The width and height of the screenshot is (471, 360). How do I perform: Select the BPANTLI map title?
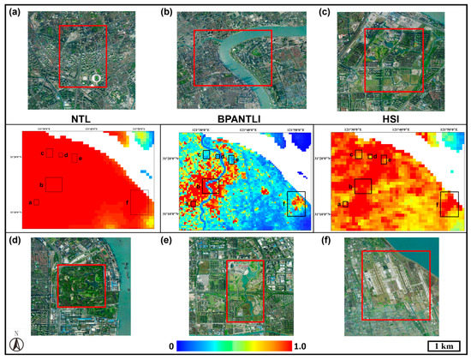pos(235,116)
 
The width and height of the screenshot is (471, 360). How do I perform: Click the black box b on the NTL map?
pos(52,184)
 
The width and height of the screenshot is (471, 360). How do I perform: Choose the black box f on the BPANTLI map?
pos(295,203)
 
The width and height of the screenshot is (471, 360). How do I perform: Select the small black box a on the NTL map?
pos(36,202)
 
